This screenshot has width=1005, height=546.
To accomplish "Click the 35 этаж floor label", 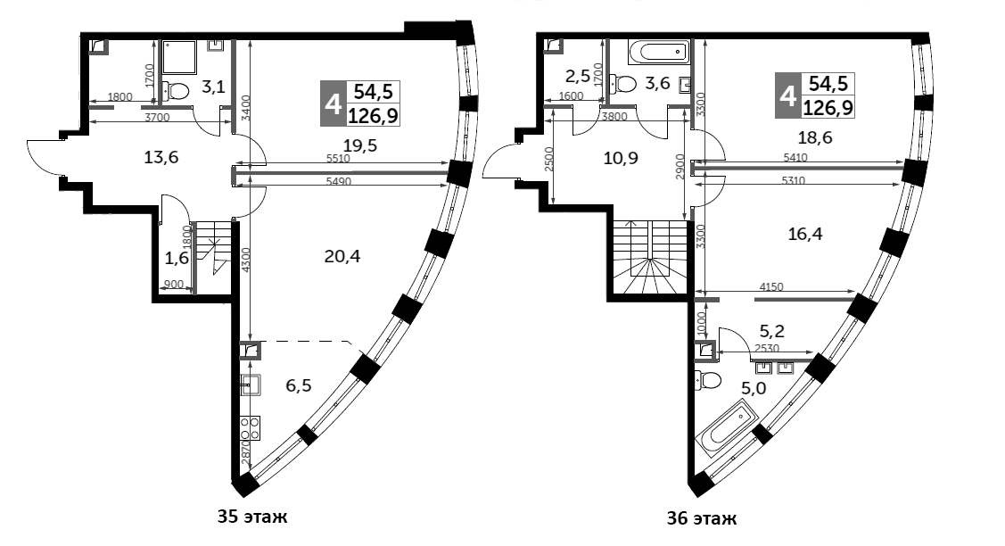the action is [252, 517].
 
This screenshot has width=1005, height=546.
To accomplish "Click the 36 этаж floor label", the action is [701, 518].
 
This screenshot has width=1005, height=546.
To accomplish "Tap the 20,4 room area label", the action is [342, 257].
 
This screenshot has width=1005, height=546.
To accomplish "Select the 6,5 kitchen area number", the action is [298, 385].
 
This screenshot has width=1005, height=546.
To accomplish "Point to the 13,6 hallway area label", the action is [161, 156].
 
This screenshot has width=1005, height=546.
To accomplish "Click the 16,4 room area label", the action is [805, 234].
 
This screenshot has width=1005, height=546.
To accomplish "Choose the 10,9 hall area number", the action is [621, 158].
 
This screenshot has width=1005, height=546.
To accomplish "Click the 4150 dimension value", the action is [771, 287].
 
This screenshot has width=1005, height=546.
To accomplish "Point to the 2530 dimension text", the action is [767, 349].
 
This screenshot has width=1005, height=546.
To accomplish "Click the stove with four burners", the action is [251, 428].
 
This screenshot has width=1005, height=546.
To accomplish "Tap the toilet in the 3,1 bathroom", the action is [175, 90].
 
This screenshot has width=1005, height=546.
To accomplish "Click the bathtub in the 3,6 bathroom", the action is [659, 52].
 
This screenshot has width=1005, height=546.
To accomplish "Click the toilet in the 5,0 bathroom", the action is [708, 380].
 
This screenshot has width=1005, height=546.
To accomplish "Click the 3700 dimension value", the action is [157, 118].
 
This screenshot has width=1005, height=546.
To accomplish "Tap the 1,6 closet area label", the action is [177, 259].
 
